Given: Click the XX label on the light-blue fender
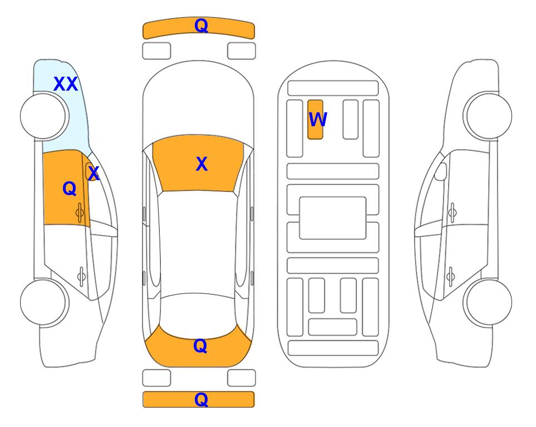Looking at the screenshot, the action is (x=66, y=84).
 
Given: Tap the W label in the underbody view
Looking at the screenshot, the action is (x=318, y=120).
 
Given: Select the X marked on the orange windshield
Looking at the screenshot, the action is (x=201, y=164).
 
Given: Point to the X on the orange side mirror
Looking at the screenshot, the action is (x=93, y=173).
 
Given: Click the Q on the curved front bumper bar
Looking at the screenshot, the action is (x=201, y=26).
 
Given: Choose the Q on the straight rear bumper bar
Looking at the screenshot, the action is (x=201, y=399).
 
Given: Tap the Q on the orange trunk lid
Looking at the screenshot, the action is (x=200, y=346).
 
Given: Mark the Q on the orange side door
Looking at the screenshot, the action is (x=70, y=188).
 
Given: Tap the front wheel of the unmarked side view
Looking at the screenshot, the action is (x=488, y=116).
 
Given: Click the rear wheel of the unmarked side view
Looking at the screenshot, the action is (x=488, y=302).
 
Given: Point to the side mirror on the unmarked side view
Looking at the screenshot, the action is (x=441, y=171).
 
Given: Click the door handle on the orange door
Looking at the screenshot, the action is (x=80, y=213).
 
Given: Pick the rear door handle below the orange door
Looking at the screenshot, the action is (x=81, y=276).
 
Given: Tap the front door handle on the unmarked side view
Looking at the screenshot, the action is (x=452, y=212).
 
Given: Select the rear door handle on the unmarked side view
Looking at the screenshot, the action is (x=450, y=276).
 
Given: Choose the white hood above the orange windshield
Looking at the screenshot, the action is (x=198, y=102).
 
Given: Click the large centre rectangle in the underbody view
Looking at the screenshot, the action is (x=333, y=218).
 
